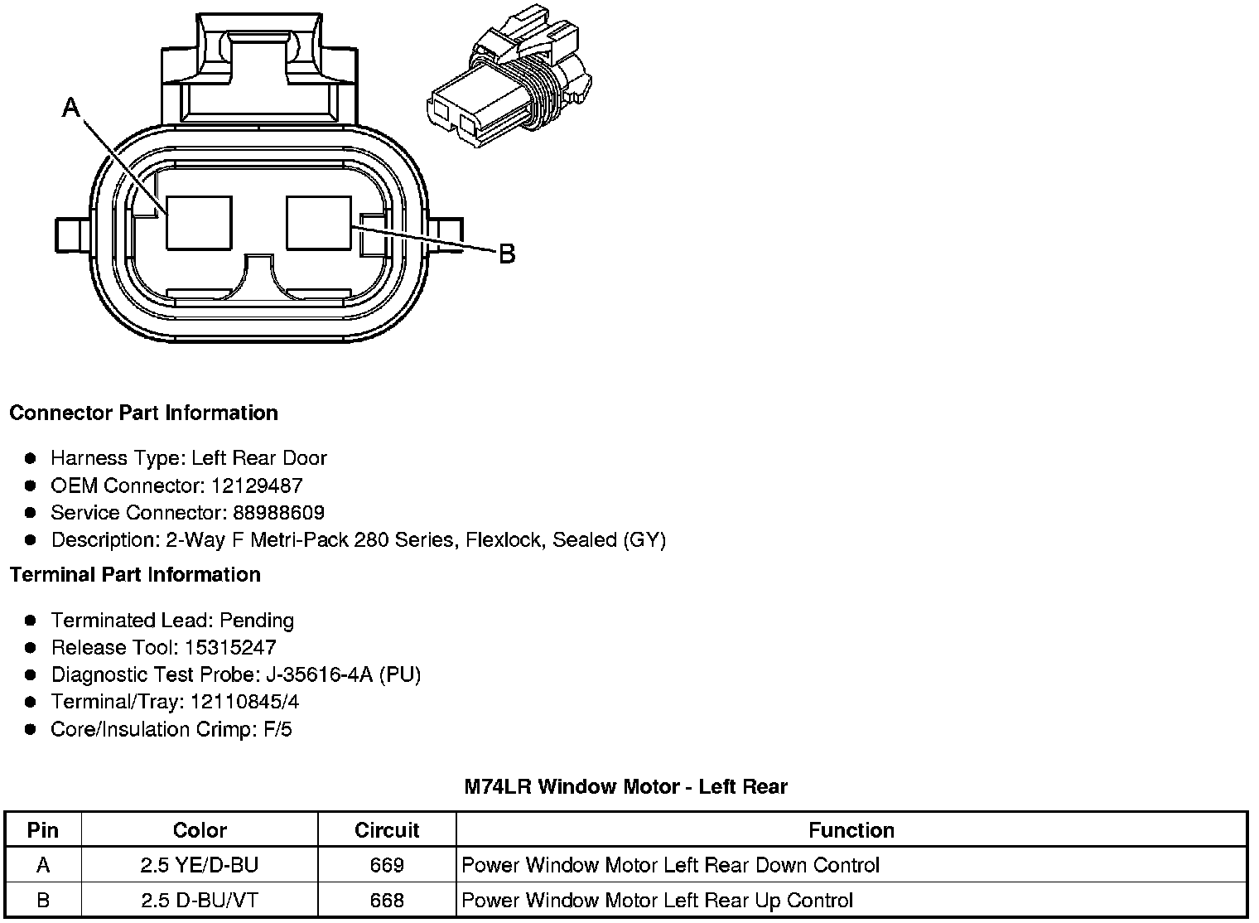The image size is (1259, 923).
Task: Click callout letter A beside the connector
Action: (71, 108)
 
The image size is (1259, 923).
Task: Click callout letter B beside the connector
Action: (507, 254)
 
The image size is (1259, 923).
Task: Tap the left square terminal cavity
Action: (199, 222)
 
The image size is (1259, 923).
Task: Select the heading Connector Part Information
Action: (143, 413)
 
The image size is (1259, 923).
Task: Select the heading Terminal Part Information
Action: (135, 574)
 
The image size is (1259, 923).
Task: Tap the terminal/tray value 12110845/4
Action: (245, 702)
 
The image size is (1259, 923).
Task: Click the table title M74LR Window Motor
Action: (625, 786)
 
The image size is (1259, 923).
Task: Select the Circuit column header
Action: (387, 830)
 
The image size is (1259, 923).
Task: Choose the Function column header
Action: (851, 830)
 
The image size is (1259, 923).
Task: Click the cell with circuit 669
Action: (387, 865)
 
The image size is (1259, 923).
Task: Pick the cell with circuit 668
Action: (387, 901)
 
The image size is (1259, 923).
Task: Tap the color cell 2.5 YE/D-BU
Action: (200, 865)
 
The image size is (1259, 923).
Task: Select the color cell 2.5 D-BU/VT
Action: (200, 901)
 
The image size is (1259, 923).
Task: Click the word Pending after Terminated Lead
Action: (257, 620)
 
